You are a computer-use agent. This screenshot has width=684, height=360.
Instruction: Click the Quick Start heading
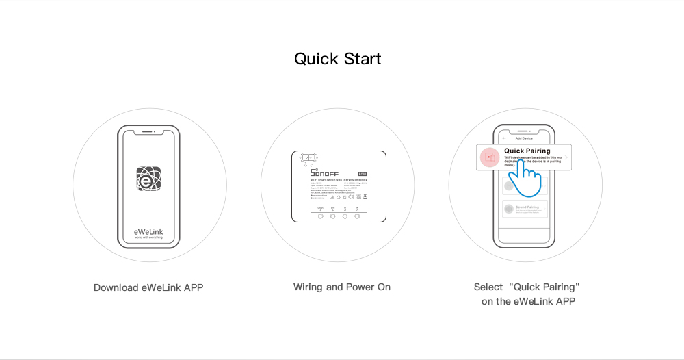tap(338, 59)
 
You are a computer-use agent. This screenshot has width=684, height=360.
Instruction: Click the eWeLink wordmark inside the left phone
tap(148, 231)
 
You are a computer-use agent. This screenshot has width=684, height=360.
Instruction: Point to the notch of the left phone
tap(148, 130)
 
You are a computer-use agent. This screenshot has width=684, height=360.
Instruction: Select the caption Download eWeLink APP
tap(148, 287)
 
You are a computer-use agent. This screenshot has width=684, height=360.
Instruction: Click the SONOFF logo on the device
tap(324, 173)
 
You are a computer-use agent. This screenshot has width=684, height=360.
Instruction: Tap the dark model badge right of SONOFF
tap(363, 174)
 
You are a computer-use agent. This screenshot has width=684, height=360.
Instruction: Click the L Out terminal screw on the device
tap(321, 216)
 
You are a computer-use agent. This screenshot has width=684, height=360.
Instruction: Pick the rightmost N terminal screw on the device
tap(357, 216)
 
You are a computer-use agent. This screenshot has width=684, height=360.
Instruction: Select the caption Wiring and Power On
tap(342, 287)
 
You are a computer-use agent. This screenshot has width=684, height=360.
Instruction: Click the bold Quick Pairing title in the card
tap(527, 151)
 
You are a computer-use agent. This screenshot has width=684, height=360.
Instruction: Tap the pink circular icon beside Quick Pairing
tap(489, 157)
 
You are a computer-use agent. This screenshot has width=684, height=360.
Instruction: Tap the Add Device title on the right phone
tap(523, 138)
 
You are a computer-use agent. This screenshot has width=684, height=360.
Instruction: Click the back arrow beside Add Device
tap(504, 138)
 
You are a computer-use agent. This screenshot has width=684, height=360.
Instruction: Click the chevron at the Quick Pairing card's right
tap(566, 157)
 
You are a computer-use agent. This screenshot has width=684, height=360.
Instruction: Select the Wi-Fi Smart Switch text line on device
tap(339, 180)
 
